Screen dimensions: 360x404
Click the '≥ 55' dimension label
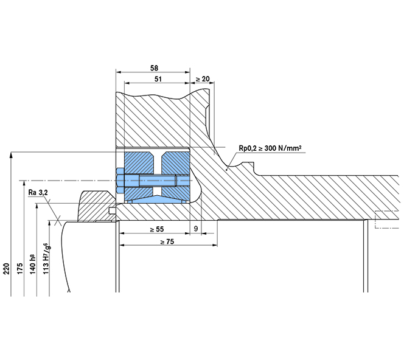point(158,229)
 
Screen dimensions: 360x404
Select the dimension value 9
point(195,229)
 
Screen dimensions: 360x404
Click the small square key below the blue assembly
point(111,211)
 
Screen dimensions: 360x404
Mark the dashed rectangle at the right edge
point(387,219)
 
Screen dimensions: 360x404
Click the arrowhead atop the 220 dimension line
point(12,156)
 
